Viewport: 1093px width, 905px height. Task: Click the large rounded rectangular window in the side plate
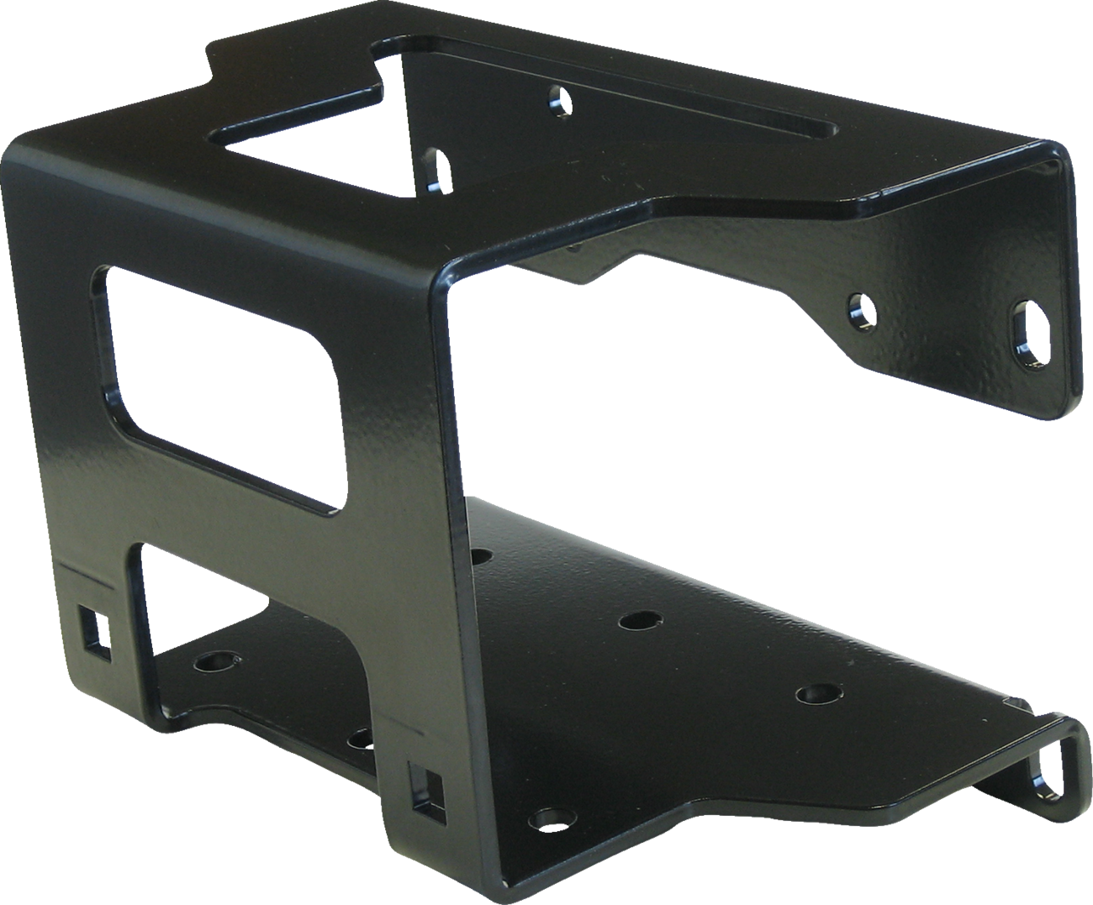click(223, 387)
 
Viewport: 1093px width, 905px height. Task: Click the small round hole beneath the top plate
click(559, 103)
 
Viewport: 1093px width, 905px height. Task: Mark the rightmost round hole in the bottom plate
click(813, 694)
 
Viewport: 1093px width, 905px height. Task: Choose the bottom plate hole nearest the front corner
click(549, 817)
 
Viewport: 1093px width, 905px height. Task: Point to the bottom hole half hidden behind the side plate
click(360, 739)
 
